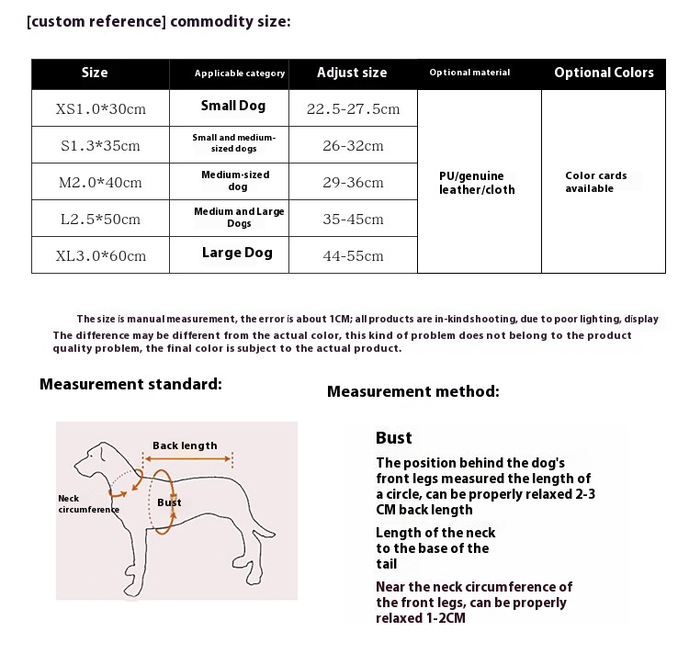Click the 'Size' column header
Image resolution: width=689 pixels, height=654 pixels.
[95, 73]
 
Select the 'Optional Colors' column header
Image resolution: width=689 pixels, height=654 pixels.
[604, 73]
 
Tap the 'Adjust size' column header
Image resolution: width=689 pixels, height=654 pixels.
[352, 73]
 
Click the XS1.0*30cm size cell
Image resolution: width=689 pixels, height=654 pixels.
[101, 109]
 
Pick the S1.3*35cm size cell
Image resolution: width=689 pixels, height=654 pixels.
[101, 146]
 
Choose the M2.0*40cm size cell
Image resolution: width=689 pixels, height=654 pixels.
[101, 183]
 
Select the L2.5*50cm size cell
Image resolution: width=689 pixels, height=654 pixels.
[101, 220]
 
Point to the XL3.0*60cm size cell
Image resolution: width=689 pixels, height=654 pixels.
[101, 255]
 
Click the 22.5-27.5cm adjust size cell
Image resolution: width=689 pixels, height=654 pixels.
[353, 109]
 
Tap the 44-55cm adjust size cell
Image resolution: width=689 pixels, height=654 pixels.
[353, 255]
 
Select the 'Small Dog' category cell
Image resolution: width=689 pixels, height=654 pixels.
[233, 106]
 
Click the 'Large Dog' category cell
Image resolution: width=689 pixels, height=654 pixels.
[237, 253]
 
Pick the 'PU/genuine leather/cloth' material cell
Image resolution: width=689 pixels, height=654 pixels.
[478, 183]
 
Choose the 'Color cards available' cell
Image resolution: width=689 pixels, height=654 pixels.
[596, 182]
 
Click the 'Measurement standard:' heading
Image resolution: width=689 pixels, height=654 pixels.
[130, 384]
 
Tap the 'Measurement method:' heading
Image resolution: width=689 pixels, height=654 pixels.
[413, 391]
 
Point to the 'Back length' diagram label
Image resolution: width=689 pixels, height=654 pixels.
[185, 445]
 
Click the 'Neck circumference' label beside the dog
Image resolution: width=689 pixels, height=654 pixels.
[87, 503]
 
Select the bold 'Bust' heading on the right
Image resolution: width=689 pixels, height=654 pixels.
[393, 438]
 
